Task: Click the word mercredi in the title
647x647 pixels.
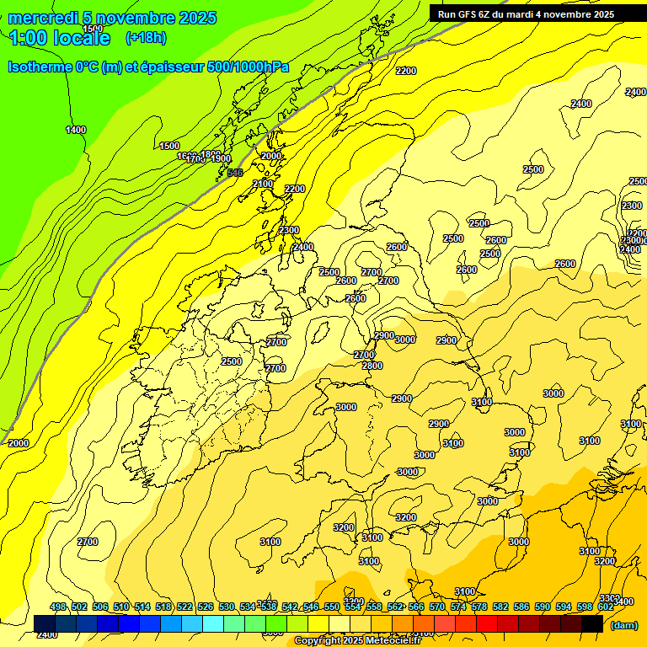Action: pyautogui.click(x=43, y=18)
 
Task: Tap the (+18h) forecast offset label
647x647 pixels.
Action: pyautogui.click(x=146, y=37)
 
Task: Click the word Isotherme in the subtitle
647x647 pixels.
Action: pyautogui.click(x=40, y=67)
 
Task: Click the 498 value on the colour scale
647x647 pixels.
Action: pyautogui.click(x=58, y=607)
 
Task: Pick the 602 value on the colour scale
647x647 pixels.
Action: pyautogui.click(x=606, y=607)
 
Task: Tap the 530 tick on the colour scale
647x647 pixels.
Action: pyautogui.click(x=227, y=607)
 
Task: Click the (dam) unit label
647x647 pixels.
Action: pyautogui.click(x=624, y=625)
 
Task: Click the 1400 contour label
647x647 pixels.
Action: pyautogui.click(x=76, y=130)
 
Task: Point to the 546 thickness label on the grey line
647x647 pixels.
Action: pyautogui.click(x=235, y=173)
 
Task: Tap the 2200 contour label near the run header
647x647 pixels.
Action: pyautogui.click(x=406, y=71)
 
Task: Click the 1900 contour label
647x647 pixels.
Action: pyautogui.click(x=221, y=158)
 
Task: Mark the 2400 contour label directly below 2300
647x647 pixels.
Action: pyautogui.click(x=303, y=247)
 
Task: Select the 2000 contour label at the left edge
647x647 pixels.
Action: pyautogui.click(x=18, y=443)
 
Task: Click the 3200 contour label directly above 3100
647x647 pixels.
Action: pyautogui.click(x=344, y=527)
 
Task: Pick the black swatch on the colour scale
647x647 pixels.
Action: pyautogui.click(x=591, y=623)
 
